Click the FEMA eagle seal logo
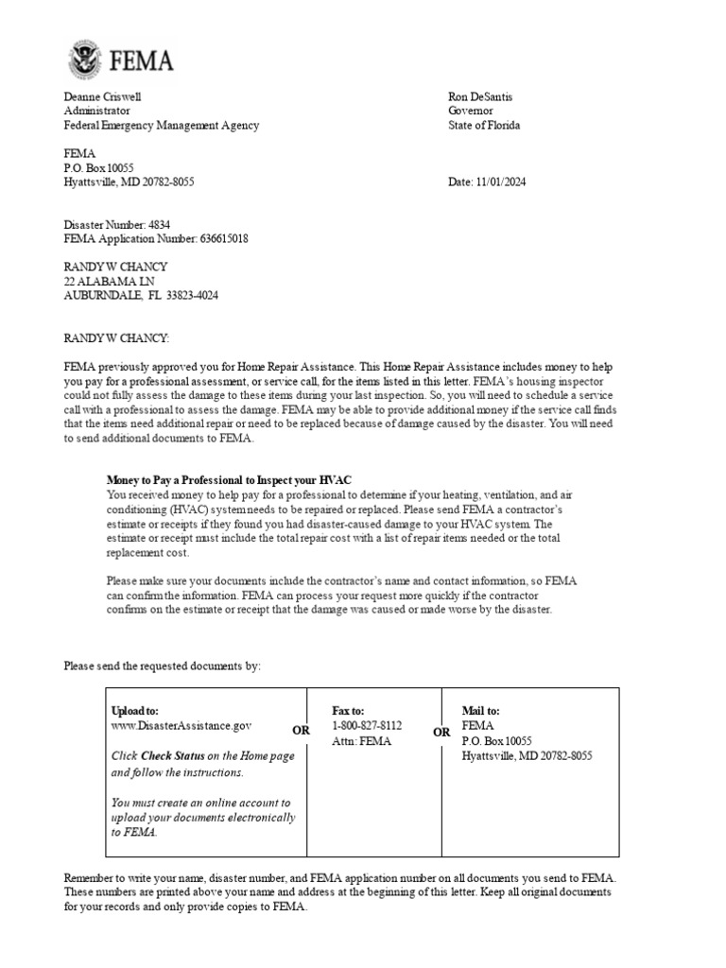[86, 60]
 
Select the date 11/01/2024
[501, 182]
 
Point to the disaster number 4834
[159, 225]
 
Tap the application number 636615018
[224, 239]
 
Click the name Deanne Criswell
[104, 96]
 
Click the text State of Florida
[484, 125]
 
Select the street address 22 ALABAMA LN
[110, 282]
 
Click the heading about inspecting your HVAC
[235, 480]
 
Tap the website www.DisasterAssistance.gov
[181, 725]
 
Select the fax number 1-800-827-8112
[367, 725]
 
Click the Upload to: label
[135, 711]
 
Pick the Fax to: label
[348, 711]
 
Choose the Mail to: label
[481, 711]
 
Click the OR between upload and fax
[301, 731]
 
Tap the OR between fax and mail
[441, 732]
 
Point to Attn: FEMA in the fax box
[361, 741]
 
